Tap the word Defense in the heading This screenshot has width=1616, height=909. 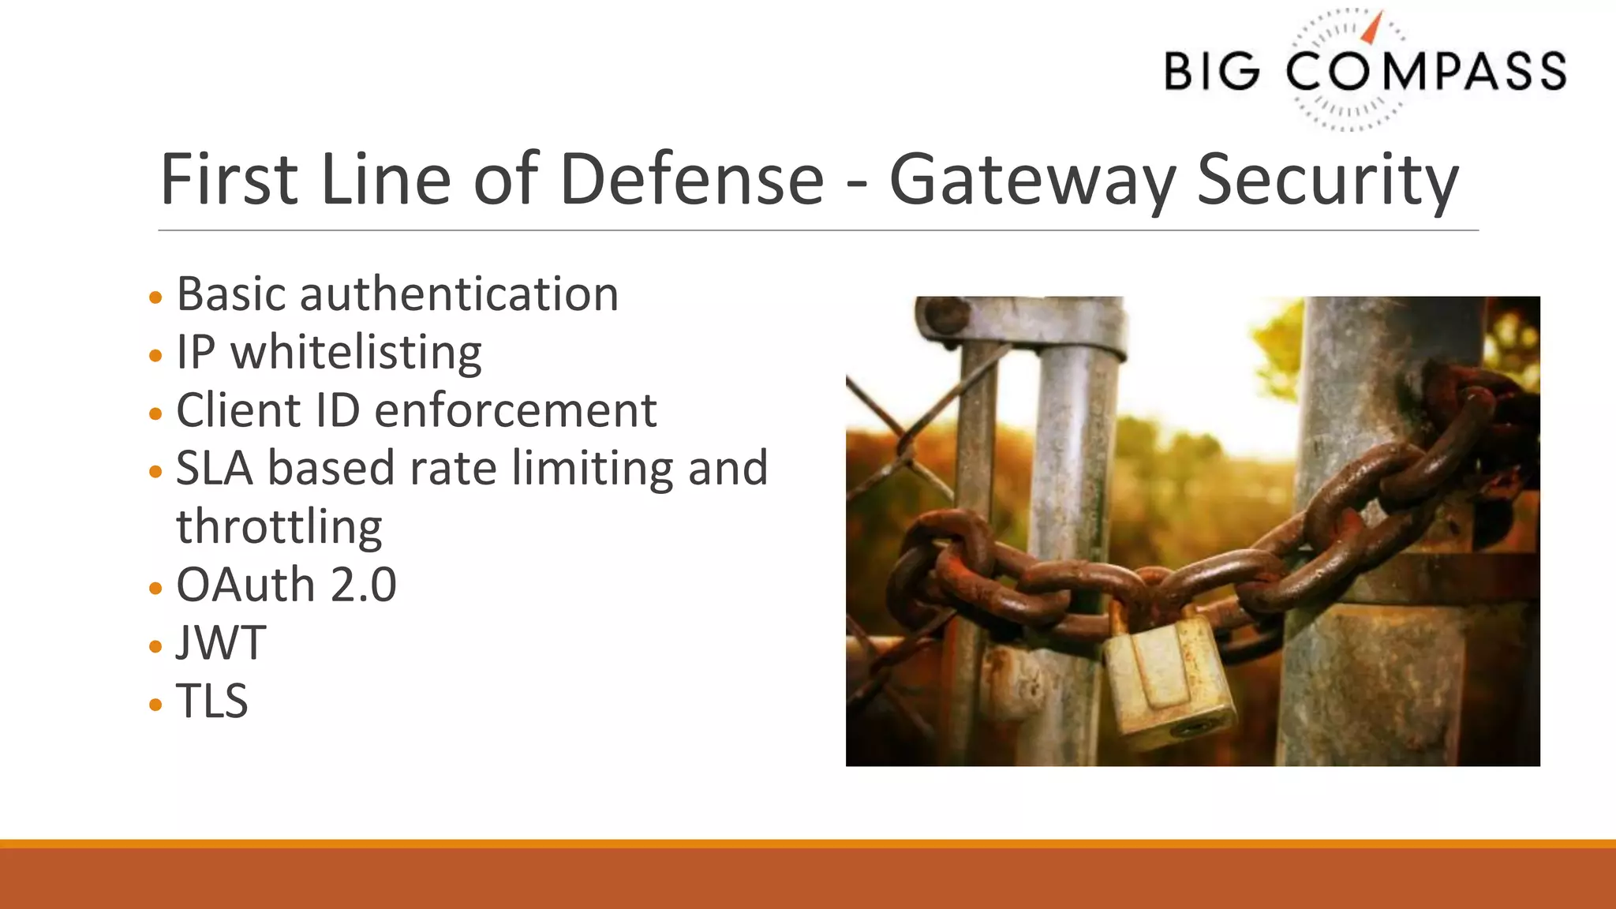pos(691,180)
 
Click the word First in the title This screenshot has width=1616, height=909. pos(229,180)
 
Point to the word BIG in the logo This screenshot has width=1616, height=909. pos(1212,71)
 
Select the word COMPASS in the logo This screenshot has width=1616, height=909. pos(1425,71)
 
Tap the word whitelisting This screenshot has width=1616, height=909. pos(356,353)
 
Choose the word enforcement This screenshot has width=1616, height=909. pos(515,410)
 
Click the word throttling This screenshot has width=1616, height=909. pos(279,527)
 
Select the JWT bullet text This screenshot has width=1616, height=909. pos(221,643)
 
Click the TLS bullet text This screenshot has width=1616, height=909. pos(211,701)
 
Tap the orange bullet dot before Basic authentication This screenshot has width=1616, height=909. pos(155,297)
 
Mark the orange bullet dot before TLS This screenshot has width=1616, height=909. pos(155,704)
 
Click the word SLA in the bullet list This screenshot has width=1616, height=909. pos(215,469)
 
